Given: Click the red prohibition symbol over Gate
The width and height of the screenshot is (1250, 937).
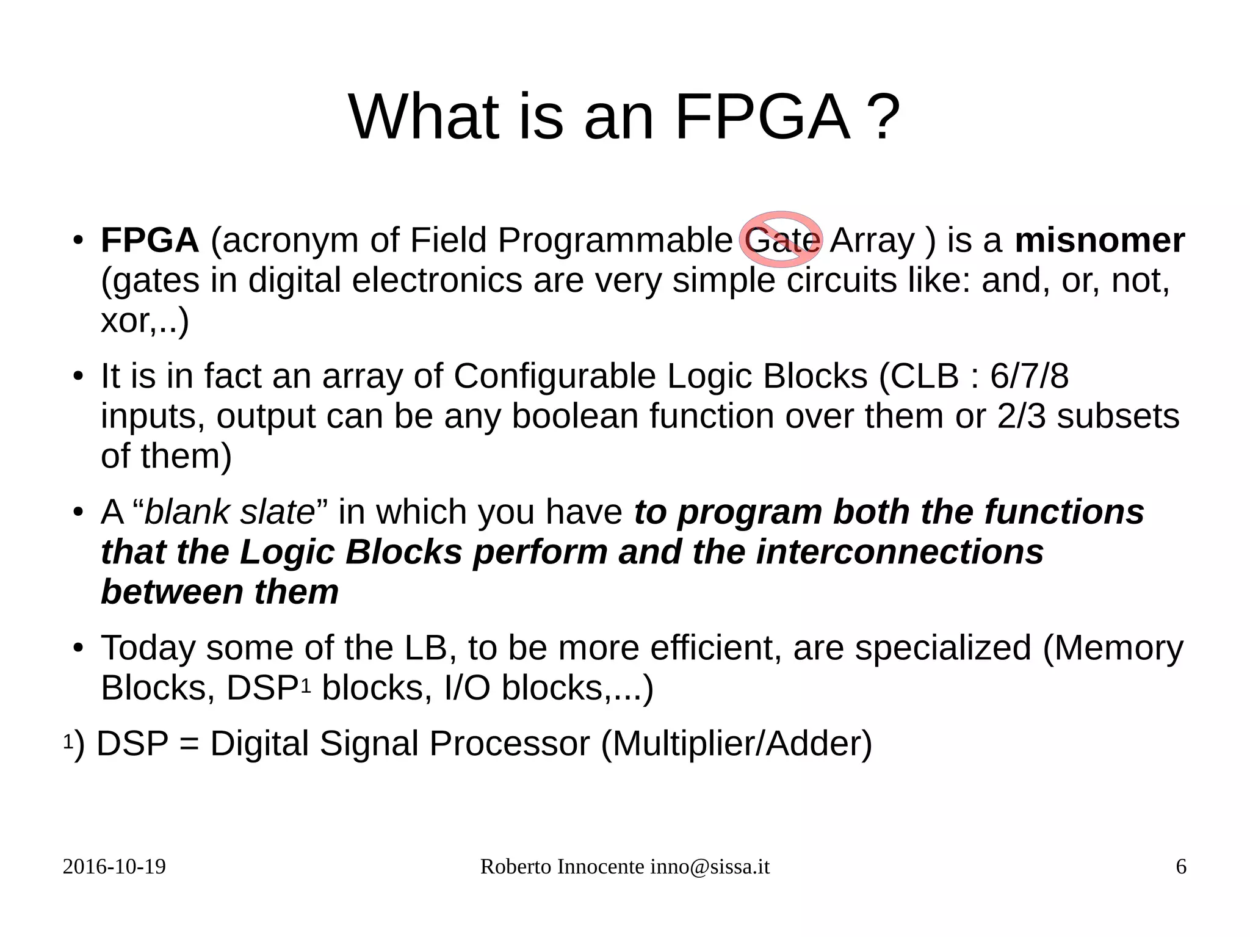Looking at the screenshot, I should (781, 239).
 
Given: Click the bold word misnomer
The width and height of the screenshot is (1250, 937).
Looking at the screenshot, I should (1099, 241).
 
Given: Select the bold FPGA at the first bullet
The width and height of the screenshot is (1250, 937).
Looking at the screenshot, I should (150, 241).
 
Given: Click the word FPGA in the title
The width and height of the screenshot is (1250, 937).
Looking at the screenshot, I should (762, 117).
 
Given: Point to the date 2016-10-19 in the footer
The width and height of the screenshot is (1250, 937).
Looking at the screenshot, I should (114, 867).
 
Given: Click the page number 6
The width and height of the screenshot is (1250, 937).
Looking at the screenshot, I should (1181, 867).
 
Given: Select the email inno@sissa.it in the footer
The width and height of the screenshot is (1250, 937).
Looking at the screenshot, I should (710, 867).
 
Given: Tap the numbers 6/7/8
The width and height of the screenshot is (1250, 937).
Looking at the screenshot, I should (1029, 376).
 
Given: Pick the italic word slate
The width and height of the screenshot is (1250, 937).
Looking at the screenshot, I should (277, 512).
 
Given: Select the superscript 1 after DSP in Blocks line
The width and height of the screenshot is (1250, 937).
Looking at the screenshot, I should (306, 686).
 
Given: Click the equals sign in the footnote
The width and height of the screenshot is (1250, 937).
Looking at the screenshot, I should (189, 744).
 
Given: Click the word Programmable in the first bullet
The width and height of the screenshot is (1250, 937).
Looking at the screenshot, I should (615, 241).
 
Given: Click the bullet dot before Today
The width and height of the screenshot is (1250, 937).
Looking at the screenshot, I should (78, 648).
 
